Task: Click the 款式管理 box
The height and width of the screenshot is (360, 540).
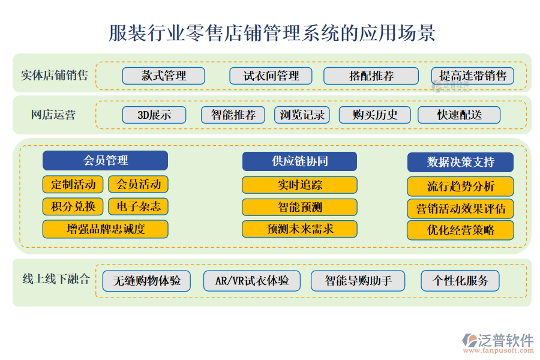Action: (163, 76)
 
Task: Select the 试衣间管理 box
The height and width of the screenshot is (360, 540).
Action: (271, 76)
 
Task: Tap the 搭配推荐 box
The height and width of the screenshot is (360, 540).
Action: (371, 76)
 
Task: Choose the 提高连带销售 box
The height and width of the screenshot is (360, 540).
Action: (472, 76)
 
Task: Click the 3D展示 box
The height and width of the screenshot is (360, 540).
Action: (154, 115)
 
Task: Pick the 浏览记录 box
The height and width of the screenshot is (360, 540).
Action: (302, 115)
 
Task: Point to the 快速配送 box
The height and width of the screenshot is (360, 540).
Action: (459, 115)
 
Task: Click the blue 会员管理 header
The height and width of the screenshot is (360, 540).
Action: (105, 160)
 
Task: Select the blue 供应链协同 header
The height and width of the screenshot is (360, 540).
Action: (299, 161)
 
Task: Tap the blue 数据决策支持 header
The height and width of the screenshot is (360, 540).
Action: (460, 162)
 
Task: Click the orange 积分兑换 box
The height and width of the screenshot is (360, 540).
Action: (73, 206)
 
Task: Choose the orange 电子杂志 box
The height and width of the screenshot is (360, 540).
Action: (139, 206)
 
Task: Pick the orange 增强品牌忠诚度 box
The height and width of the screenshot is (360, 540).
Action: (105, 229)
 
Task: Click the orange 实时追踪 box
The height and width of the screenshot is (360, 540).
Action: (299, 185)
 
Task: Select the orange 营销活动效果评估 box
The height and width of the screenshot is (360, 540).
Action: (460, 208)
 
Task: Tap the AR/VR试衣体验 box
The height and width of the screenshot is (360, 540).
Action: (251, 280)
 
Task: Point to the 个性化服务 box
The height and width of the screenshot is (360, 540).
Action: (460, 280)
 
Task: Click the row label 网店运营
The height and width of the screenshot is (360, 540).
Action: (53, 115)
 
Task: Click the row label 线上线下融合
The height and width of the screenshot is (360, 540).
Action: (56, 278)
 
